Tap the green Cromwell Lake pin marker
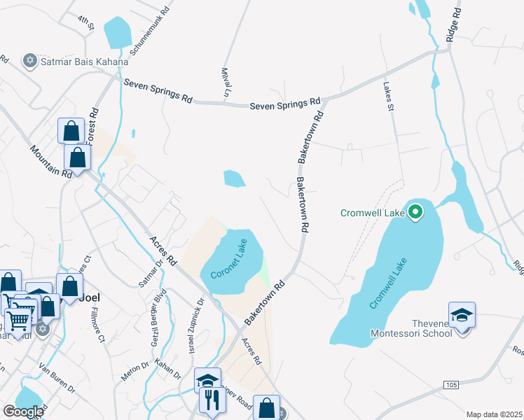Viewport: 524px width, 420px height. click(415, 211)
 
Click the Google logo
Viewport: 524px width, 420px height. click(23, 412)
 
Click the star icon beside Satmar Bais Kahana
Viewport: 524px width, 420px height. click(29, 61)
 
